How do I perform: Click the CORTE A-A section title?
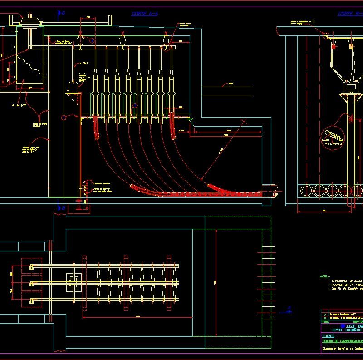point(145,14)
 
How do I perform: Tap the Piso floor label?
point(231,84)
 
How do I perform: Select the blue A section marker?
point(289,311)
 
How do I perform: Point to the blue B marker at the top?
point(61,14)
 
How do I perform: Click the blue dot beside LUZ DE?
point(343,325)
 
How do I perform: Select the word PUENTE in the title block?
point(328,336)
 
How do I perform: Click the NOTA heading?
point(324,276)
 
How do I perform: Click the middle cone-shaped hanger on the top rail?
point(123,42)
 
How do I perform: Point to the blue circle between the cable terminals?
point(134,106)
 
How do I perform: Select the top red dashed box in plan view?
point(32,265)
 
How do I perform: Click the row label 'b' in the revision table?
point(324,314)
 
